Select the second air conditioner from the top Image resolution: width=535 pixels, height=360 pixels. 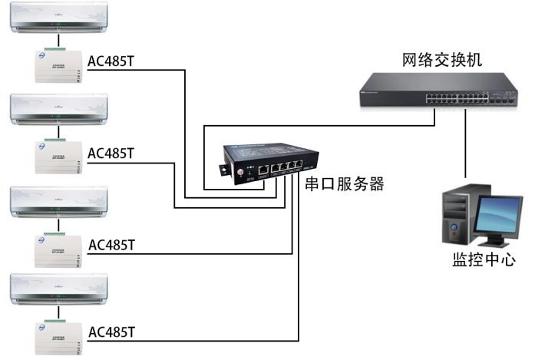(58, 109)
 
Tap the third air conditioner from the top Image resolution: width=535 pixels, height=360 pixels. (58, 200)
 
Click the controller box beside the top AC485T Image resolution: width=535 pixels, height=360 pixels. (58, 64)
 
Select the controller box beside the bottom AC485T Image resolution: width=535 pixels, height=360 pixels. (58, 336)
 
